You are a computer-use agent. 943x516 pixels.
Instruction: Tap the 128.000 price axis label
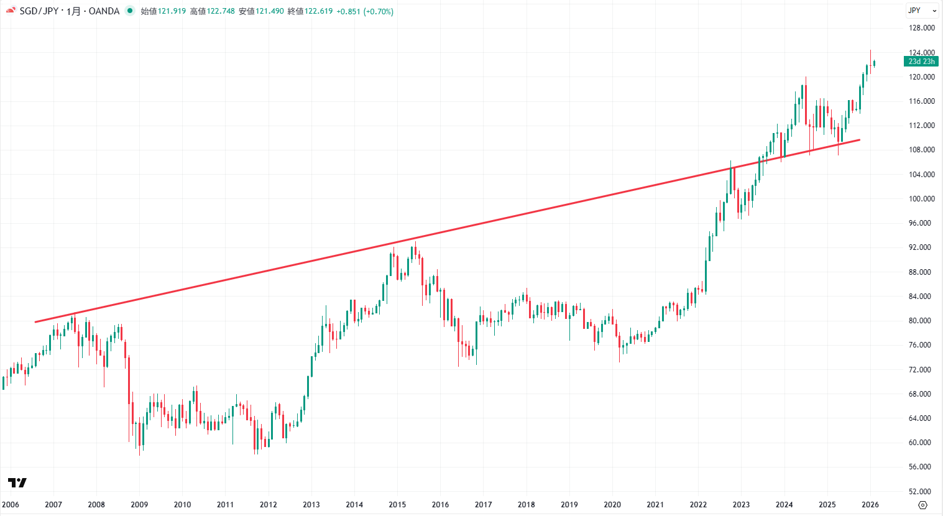(921, 28)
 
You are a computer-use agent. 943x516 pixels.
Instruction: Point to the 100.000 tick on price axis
(921, 199)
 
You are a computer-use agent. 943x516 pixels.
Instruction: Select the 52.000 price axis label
(921, 491)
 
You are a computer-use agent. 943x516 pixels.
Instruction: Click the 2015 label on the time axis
(397, 505)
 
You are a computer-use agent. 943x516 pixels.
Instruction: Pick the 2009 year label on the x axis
(139, 505)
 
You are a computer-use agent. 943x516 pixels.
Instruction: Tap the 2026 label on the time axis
(870, 505)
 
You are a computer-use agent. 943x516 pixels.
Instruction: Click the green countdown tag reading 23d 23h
(921, 62)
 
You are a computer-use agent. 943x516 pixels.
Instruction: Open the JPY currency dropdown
(921, 11)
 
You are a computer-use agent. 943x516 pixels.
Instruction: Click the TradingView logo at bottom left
(17, 482)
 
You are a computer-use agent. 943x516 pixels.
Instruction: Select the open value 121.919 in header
(172, 11)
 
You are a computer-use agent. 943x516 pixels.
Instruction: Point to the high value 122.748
(221, 11)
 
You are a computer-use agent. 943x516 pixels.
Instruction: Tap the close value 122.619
(318, 11)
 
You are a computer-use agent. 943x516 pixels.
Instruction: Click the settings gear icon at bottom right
(923, 505)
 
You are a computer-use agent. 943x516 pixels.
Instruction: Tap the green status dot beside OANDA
(130, 11)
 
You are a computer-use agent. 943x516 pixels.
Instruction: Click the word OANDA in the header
(104, 11)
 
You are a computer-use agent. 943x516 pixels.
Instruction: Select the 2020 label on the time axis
(612, 505)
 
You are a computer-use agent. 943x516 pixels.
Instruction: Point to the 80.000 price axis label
(921, 321)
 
